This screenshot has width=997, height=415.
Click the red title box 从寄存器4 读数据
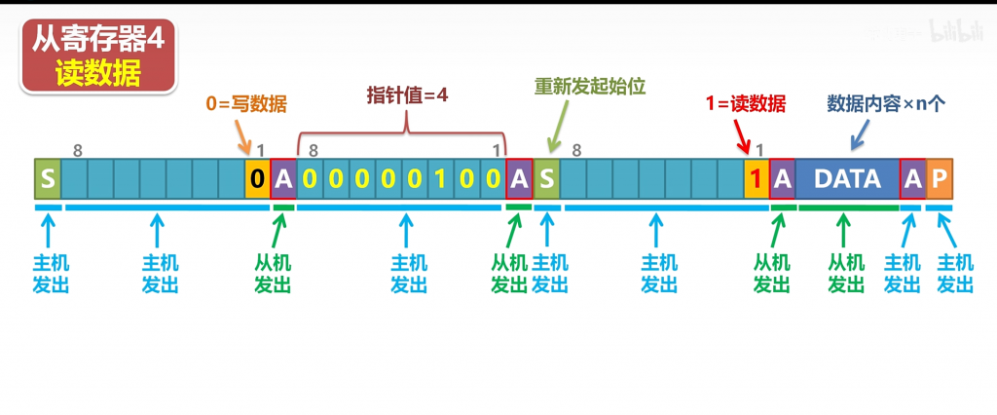point(97,56)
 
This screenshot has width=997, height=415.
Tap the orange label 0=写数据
point(246,103)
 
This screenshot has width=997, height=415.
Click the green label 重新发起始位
point(590,86)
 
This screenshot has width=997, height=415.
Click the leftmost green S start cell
point(47,179)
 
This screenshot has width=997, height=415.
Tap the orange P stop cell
point(939,179)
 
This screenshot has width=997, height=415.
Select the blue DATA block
point(847,179)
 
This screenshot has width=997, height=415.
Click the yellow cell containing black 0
point(257,179)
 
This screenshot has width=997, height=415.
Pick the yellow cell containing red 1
point(756,179)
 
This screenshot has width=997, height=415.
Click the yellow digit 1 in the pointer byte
point(442,179)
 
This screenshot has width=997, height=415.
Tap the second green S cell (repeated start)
point(547,179)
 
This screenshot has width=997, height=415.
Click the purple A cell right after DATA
point(912,179)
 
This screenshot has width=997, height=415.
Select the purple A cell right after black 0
point(282,179)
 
